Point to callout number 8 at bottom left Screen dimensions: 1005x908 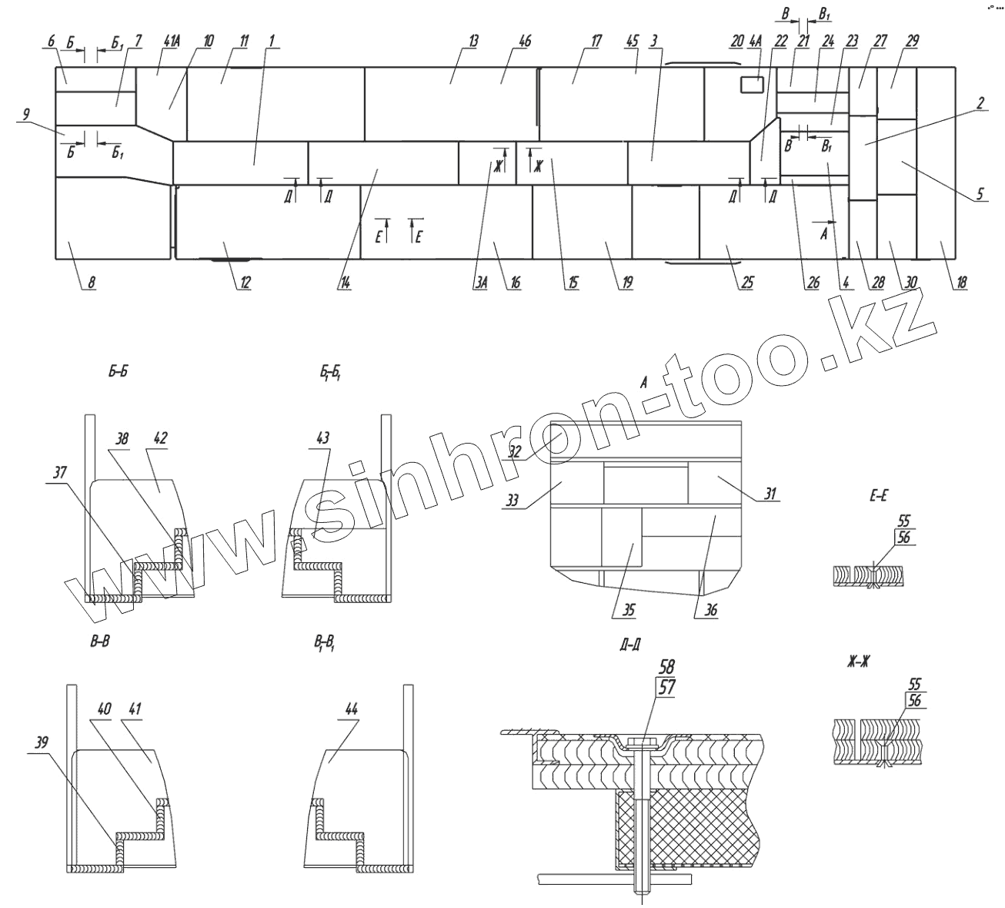click(90, 283)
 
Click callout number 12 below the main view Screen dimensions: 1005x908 click(245, 283)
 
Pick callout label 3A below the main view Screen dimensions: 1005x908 click(481, 283)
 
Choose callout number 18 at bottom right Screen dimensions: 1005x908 click(960, 283)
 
